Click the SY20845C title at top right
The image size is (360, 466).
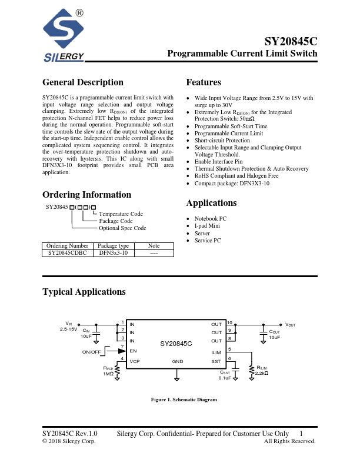291,42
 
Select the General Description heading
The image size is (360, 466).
83,82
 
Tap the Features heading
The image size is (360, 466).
204,82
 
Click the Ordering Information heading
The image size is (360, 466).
86,195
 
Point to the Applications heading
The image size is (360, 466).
211,203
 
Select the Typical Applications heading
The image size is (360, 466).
84,292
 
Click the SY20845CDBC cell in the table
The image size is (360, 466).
66,252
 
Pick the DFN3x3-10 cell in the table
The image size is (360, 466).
113,252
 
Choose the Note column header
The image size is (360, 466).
154,245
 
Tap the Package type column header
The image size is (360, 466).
113,245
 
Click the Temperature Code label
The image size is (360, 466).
121,214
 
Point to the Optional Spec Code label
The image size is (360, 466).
122,228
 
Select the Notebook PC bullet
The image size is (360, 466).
211,218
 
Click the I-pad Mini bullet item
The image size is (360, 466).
207,226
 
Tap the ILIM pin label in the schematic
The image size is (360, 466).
216,352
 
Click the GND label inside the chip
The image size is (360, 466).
177,361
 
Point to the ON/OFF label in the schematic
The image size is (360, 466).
92,352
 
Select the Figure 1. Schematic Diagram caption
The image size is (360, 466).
184,400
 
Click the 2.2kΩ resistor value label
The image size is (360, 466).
262,373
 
